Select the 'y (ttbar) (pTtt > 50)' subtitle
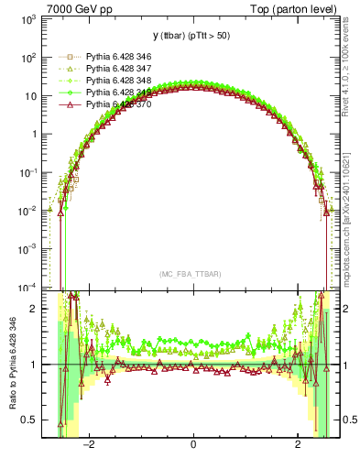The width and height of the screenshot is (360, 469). (192, 38)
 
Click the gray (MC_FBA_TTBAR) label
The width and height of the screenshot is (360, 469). (192, 275)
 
